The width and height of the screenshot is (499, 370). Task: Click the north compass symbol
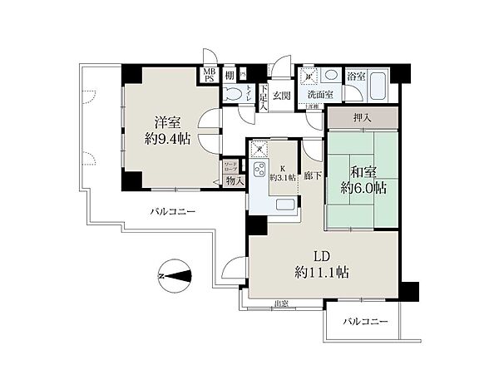[174, 275]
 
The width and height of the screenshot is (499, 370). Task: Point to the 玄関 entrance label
[280, 95]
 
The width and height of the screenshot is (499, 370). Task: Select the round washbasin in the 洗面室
[332, 74]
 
